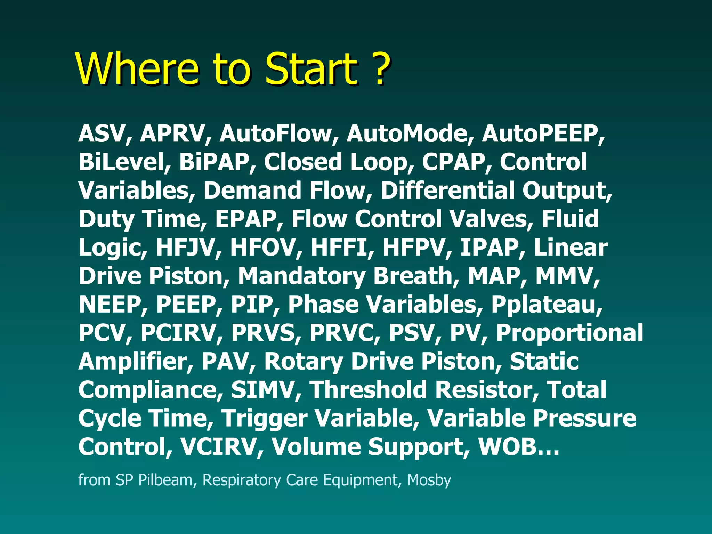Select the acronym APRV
click(x=172, y=134)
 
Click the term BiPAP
click(x=214, y=162)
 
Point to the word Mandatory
click(x=301, y=276)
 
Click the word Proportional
click(x=569, y=333)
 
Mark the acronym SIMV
click(x=262, y=390)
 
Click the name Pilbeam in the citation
click(x=165, y=480)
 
